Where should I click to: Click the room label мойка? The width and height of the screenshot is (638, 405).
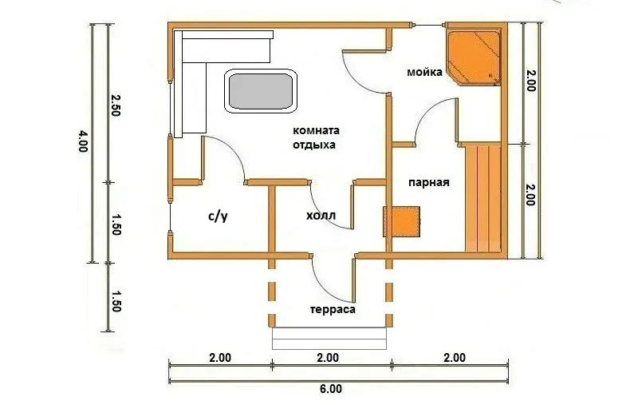click(x=424, y=73)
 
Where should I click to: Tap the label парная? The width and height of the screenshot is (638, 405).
click(x=429, y=183)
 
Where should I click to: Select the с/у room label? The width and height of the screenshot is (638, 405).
click(x=218, y=216)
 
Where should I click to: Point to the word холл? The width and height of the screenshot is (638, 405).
click(x=321, y=215)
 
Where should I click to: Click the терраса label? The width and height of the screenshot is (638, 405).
click(x=333, y=310)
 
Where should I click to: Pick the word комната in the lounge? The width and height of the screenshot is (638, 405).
click(x=316, y=131)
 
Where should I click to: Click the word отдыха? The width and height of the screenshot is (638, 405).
click(x=314, y=145)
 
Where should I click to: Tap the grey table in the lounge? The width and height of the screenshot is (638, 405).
click(x=260, y=91)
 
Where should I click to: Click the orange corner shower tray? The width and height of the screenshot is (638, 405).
click(x=473, y=58)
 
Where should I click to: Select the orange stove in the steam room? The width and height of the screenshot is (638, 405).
click(x=402, y=221)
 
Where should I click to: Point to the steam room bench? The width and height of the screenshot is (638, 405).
click(x=483, y=197)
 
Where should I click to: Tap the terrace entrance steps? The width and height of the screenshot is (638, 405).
click(x=329, y=338)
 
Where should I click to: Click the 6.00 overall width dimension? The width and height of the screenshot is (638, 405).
click(x=330, y=389)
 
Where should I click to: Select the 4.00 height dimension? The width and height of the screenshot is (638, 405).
click(x=83, y=141)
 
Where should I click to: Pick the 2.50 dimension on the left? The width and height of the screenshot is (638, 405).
click(x=116, y=105)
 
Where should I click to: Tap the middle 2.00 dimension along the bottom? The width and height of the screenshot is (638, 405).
click(x=328, y=358)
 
